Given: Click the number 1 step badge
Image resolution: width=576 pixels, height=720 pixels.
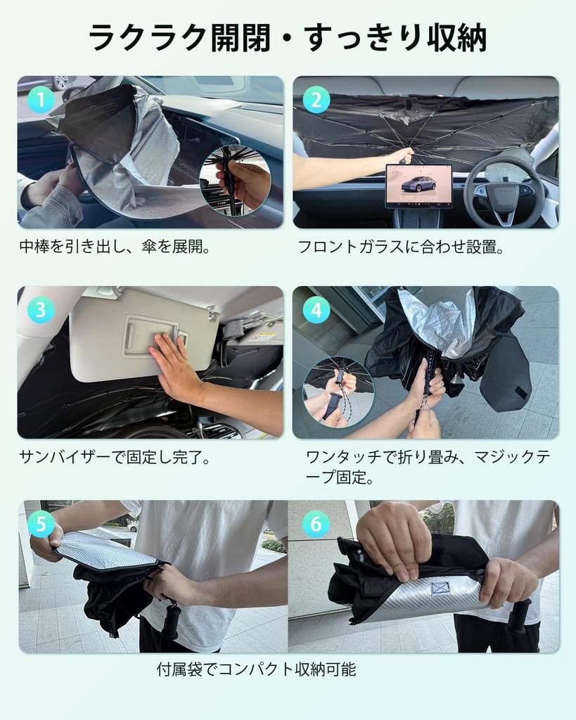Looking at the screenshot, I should (41, 100).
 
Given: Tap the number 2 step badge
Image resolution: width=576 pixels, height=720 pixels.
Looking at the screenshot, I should (316, 100).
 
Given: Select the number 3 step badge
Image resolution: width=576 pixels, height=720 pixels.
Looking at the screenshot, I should (41, 309).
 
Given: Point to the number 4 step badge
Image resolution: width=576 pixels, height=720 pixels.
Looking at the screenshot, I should (316, 309).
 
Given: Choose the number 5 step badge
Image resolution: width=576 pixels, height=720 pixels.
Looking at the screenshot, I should (41, 524).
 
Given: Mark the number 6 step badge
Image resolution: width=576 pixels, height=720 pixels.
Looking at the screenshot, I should (316, 524).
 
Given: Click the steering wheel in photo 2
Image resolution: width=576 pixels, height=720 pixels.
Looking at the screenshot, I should (504, 191).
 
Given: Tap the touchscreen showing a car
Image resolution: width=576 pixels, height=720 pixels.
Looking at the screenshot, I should (419, 186).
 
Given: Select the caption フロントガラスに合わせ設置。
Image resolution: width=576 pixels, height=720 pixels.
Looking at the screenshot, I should (401, 247).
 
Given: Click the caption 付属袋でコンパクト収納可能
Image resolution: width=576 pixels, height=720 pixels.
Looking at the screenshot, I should (256, 669).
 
